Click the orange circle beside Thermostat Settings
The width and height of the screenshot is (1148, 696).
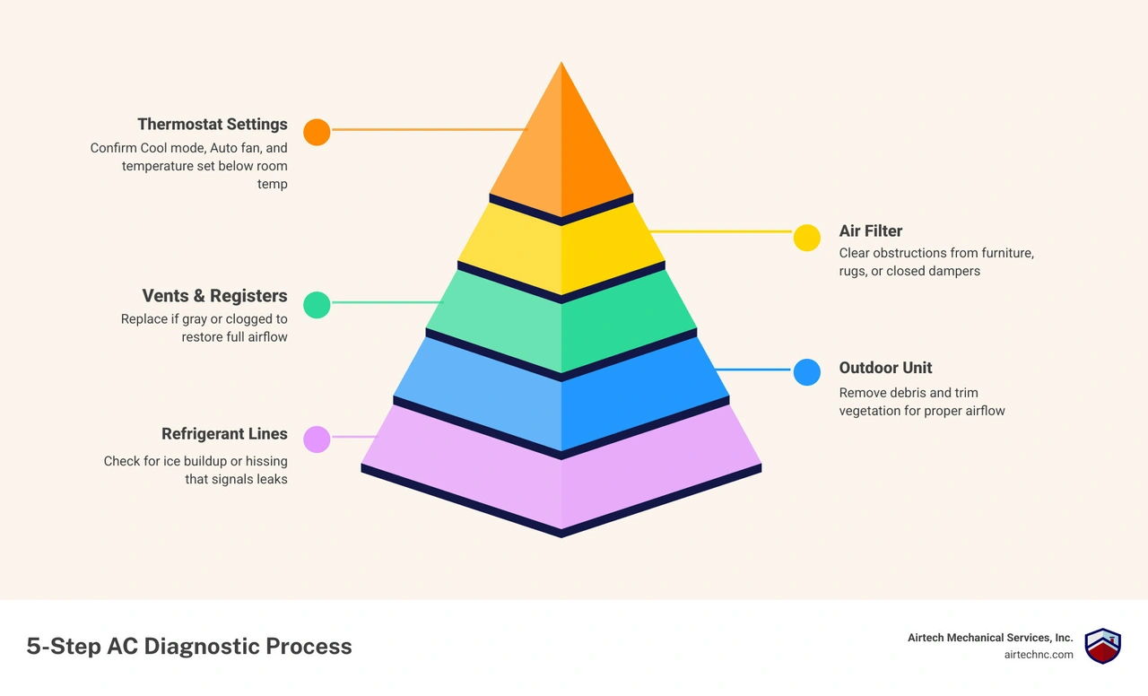(x=317, y=132)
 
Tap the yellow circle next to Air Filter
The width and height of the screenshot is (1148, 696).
(x=806, y=238)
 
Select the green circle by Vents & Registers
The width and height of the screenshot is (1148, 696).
(x=317, y=305)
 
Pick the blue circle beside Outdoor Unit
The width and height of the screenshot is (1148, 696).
(x=806, y=372)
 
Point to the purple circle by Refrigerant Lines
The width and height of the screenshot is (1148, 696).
(x=317, y=439)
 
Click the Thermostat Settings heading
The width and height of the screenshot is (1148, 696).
(x=213, y=125)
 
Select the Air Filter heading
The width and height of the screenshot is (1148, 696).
(x=870, y=231)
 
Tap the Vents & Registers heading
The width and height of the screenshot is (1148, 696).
(x=214, y=296)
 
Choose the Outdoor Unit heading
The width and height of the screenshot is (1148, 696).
(x=885, y=368)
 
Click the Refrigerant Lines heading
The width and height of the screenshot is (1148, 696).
(x=224, y=433)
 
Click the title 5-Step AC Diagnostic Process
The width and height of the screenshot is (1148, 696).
(x=189, y=647)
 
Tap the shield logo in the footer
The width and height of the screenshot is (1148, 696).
(x=1102, y=646)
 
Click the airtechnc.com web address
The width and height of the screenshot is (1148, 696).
(x=1039, y=655)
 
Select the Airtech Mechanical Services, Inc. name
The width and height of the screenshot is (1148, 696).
(x=990, y=638)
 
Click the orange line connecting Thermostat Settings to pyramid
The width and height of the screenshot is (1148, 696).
(x=430, y=130)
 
